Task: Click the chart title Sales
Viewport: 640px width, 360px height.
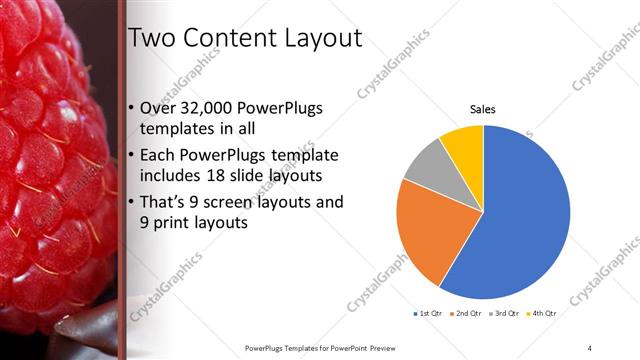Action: pos(483,109)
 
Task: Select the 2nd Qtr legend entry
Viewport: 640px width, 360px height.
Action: pos(467,314)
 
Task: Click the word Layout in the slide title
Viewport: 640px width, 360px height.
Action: pos(318,38)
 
